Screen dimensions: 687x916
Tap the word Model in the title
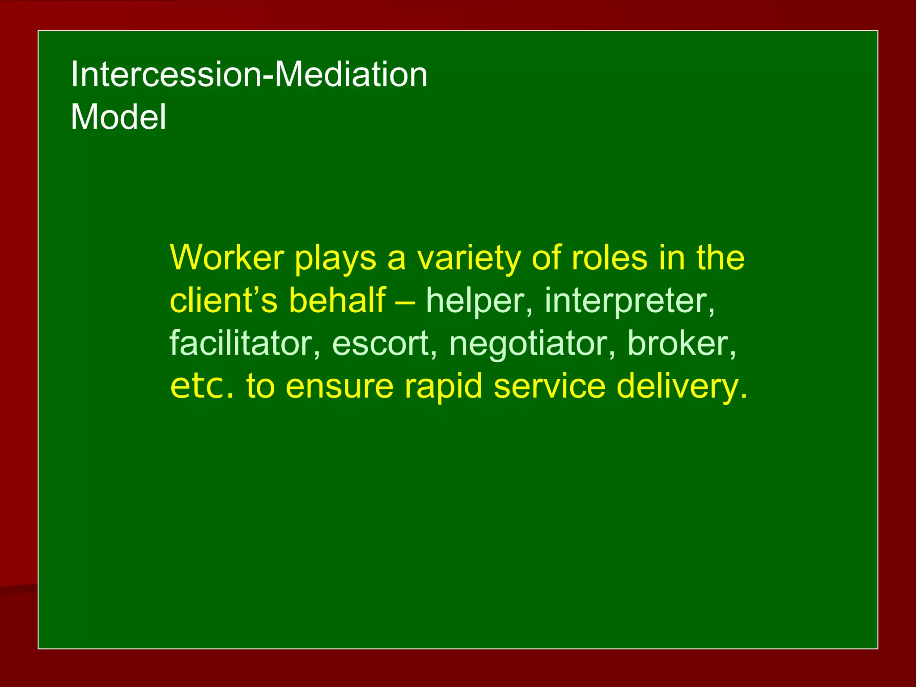coord(118,117)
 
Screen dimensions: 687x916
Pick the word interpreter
coord(629,301)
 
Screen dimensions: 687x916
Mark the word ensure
coord(339,386)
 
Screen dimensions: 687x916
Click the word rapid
coord(443,386)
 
